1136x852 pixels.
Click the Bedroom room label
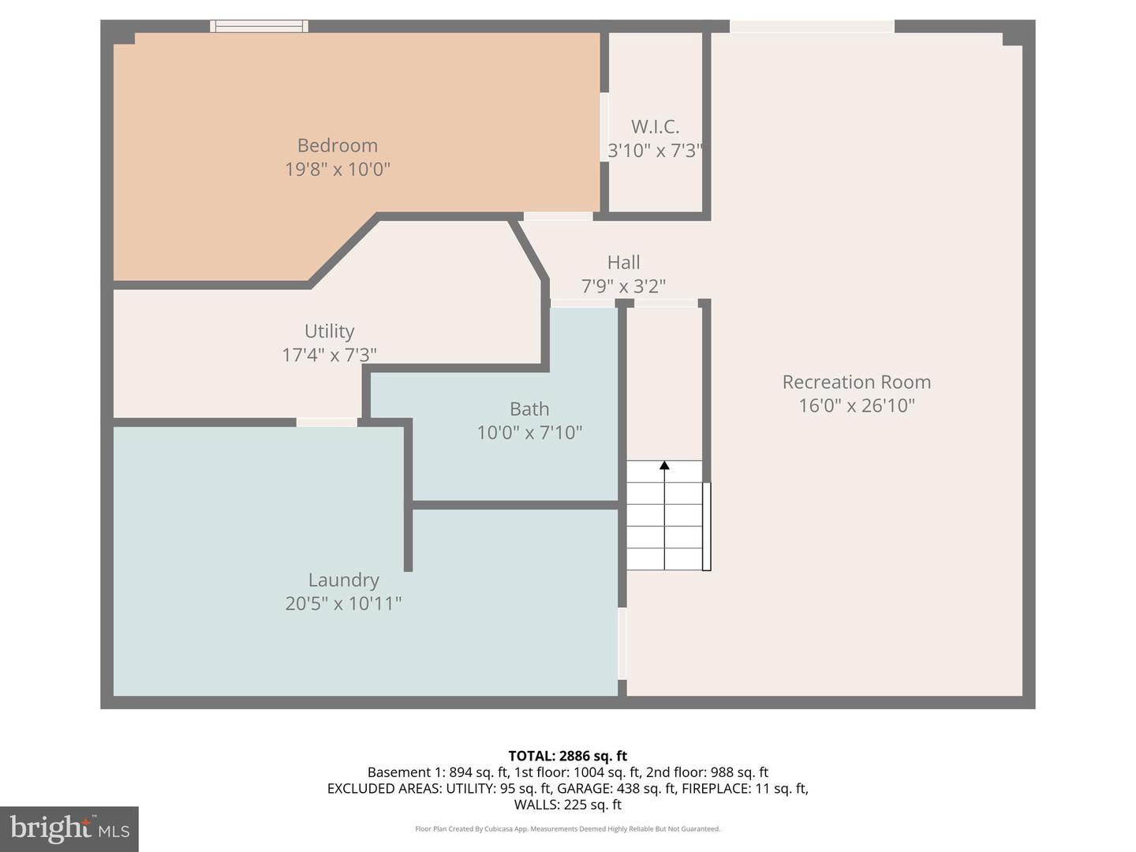(x=337, y=146)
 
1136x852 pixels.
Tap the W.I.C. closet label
(x=655, y=127)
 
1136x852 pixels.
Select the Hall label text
(x=623, y=263)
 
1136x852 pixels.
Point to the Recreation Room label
(x=856, y=383)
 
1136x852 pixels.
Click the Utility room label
(x=329, y=331)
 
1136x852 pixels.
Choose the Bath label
(x=529, y=409)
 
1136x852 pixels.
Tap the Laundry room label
(x=343, y=581)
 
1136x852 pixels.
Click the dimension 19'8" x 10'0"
(x=337, y=170)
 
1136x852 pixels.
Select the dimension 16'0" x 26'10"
(x=856, y=405)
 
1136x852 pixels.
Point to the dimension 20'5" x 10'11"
(x=343, y=603)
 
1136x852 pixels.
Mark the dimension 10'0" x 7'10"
(x=529, y=432)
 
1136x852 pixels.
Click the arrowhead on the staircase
(x=664, y=465)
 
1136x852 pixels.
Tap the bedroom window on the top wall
(x=259, y=26)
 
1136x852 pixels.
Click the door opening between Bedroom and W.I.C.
(x=604, y=127)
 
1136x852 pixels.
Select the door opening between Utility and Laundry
(x=327, y=423)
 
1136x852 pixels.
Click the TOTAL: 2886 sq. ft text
(x=567, y=756)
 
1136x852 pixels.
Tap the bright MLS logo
(x=69, y=828)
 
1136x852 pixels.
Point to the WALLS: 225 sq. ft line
(x=567, y=805)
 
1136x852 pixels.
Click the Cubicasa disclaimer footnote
(x=567, y=829)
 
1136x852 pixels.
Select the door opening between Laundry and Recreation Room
(x=622, y=643)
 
